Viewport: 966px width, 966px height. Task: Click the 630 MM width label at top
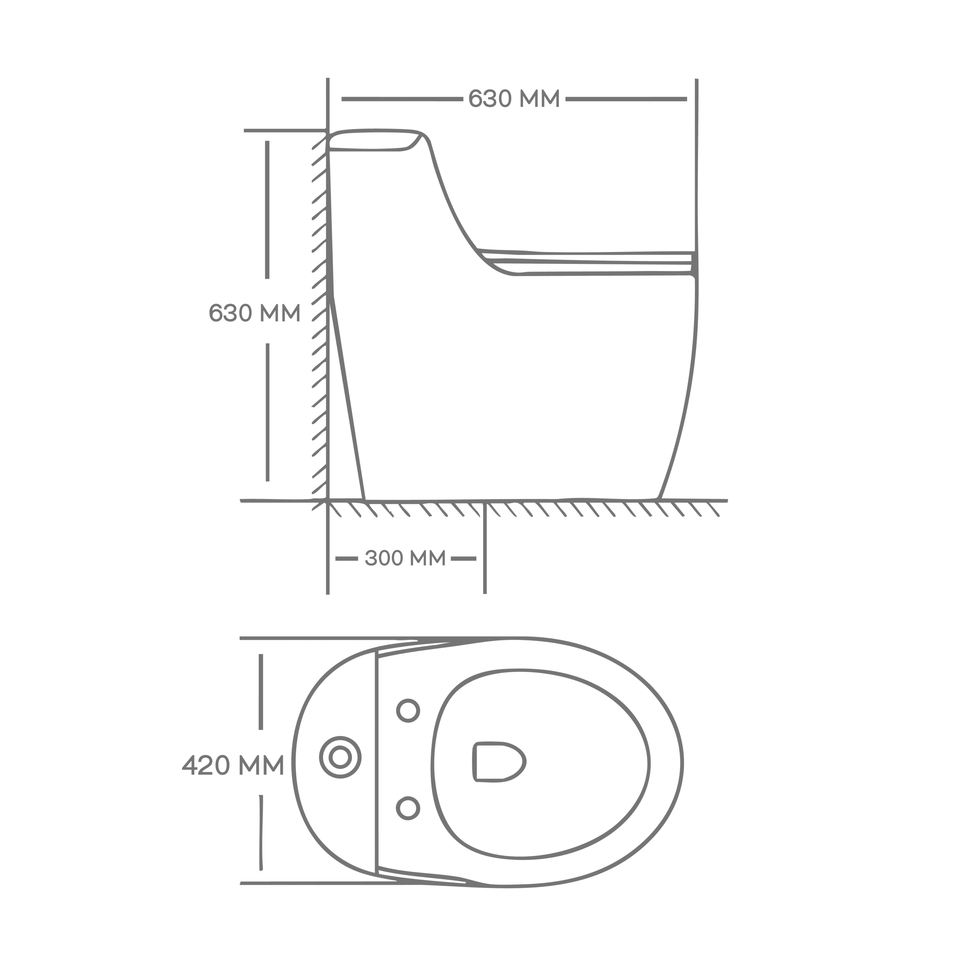(514, 98)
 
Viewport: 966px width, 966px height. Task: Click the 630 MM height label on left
(254, 312)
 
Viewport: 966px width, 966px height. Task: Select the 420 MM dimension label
(233, 765)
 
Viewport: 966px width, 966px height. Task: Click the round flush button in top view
(340, 757)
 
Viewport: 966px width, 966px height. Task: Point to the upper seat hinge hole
(408, 711)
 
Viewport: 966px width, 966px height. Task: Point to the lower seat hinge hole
(408, 809)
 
